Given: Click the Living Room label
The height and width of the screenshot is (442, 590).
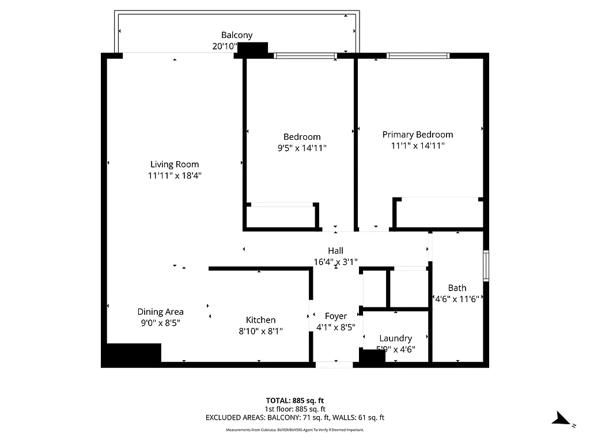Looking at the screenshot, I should point(174,165).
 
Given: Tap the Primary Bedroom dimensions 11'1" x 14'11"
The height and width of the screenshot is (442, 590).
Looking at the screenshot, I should point(417,146).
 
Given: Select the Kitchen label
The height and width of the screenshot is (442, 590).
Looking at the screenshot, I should point(260,320).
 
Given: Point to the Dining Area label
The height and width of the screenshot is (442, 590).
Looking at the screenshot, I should point(160,312).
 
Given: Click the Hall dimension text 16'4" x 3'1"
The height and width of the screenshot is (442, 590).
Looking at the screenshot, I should point(336,261).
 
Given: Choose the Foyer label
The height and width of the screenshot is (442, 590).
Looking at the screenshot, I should point(335,316).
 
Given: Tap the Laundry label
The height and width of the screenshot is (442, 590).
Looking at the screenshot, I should point(395,338).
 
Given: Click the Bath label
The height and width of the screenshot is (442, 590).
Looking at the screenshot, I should point(457,288).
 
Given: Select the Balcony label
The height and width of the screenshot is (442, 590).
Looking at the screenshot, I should point(237,35).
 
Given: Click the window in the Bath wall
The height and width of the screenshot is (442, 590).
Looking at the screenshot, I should point(486,265).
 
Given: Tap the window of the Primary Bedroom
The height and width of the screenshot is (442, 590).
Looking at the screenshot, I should point(418,56).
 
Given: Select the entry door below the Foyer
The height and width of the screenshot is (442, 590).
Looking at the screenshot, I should point(334,364).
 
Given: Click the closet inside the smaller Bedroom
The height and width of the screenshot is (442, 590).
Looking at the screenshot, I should point(281,216).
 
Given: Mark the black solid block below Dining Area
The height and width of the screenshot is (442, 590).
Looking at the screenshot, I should point(132,353).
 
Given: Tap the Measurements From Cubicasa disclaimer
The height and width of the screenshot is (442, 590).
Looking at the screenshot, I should point(294,430).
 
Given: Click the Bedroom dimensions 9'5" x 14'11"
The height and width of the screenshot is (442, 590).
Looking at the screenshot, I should point(302,148).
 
